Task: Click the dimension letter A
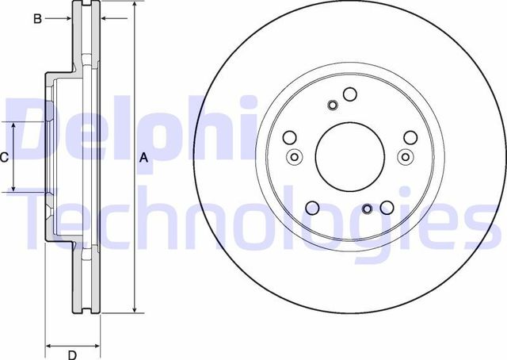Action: coord(143,158)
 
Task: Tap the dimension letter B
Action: coord(37,19)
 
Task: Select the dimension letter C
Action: coord(4,157)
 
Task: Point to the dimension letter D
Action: coord(71,354)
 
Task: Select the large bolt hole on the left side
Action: coord(290,136)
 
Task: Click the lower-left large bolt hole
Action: coord(312,209)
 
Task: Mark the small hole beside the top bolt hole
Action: coord(333,106)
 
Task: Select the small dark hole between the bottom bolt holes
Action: coord(367,210)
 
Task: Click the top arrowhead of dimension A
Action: coord(135,5)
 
